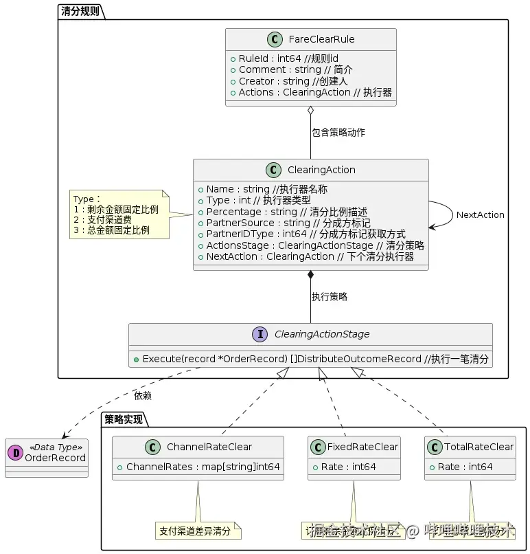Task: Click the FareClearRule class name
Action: coord(322,39)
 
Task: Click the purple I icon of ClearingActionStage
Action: coord(260,334)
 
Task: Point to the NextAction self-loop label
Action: coord(480,214)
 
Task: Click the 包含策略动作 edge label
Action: coord(338,132)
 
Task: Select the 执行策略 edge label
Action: coord(330,296)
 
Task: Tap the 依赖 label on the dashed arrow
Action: coord(143,395)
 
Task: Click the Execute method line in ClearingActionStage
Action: coord(310,358)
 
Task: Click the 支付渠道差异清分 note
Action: coord(198,531)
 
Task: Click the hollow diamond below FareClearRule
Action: coord(310,111)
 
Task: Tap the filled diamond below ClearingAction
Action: coord(310,276)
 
